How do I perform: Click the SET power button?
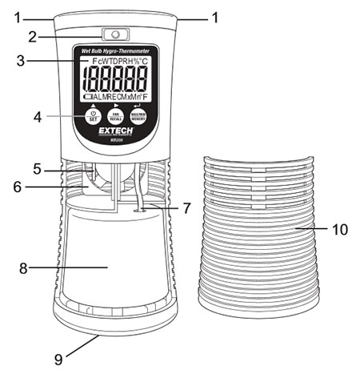click(91, 117)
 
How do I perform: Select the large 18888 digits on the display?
click(116, 79)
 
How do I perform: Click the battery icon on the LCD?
click(87, 97)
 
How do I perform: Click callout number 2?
click(33, 35)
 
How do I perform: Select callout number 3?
click(33, 59)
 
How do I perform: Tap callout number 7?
click(186, 208)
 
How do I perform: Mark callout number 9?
click(58, 360)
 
